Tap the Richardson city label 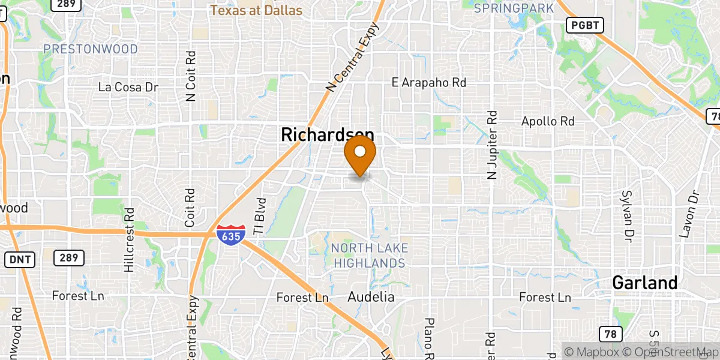click(x=328, y=135)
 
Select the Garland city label click(x=645, y=283)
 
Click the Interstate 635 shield click(x=229, y=233)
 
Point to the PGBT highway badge click(x=585, y=25)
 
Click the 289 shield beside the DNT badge click(x=68, y=259)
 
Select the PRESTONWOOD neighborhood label click(x=91, y=49)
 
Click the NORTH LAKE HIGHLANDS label click(x=370, y=256)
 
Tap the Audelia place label click(x=371, y=297)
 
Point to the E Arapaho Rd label click(x=428, y=82)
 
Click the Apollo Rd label click(x=548, y=121)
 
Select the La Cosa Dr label click(x=128, y=88)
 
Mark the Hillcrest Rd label click(x=128, y=240)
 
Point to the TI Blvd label click(x=260, y=216)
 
